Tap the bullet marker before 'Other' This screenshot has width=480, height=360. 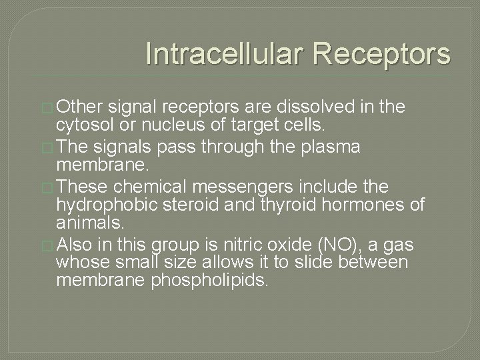coord(49,107)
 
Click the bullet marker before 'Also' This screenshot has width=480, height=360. coord(49,245)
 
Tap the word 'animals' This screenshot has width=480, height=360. coord(89,224)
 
